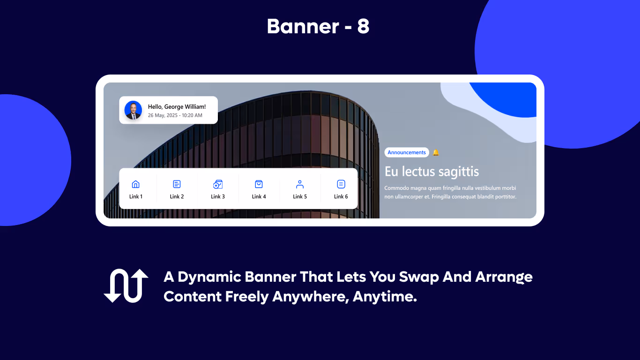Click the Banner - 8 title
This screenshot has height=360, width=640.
pos(318,27)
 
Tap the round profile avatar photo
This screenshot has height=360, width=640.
pos(133,110)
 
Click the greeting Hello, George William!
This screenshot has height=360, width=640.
pos(177,107)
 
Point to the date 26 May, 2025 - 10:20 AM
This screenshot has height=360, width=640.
pos(175,115)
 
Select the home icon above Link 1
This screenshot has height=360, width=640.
pos(136,184)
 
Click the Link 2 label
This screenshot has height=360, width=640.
pos(177,197)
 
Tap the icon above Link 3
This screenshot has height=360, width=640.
pos(218,184)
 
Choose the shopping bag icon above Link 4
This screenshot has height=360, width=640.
pos(259,184)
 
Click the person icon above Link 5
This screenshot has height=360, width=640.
pos(300,184)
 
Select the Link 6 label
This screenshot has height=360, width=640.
pos(341,197)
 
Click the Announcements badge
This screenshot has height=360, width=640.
pos(407,152)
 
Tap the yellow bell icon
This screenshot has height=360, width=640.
pos(436,152)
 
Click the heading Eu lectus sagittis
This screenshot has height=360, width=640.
pos(432,172)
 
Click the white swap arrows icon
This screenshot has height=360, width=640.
pos(126,285)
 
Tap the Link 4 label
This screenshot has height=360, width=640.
pos(259,197)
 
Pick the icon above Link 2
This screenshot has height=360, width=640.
pos(177,184)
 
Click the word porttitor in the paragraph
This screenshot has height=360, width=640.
pos(502,197)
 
